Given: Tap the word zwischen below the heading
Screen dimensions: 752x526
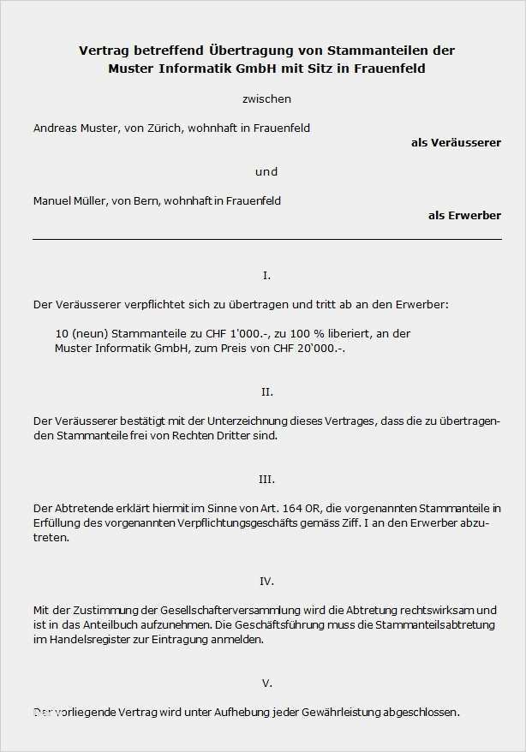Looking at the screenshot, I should click(x=266, y=99).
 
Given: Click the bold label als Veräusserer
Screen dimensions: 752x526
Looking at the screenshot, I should click(x=456, y=142).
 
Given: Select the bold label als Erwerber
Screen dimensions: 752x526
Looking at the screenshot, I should click(x=464, y=215).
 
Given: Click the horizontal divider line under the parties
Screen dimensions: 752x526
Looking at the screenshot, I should click(x=266, y=239).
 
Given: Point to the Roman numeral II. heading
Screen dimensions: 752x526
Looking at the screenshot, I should click(x=266, y=391).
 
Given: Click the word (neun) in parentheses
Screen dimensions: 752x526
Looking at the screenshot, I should click(x=88, y=333).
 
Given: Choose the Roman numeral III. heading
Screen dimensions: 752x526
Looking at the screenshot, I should click(x=266, y=479).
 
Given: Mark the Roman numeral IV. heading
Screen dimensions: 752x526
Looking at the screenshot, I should click(x=266, y=581).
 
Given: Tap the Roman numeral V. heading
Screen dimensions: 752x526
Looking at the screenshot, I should click(x=266, y=683).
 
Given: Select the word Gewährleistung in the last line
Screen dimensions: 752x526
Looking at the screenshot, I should click(x=349, y=712).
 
